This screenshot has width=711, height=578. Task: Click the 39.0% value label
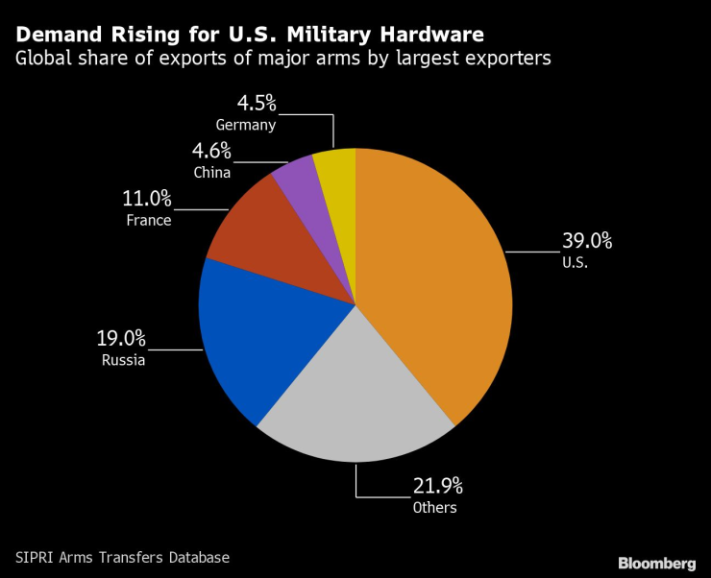587,241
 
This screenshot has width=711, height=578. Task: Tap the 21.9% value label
437,487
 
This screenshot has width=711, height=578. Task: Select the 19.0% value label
120,339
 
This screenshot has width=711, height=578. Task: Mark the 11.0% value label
147,199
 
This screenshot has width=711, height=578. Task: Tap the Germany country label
246,125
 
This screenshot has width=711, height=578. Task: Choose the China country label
211,173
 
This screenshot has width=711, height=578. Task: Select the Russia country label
123,362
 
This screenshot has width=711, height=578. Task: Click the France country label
148,221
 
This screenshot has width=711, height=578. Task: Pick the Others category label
435,508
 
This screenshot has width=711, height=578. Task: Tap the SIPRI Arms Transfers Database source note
122,557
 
